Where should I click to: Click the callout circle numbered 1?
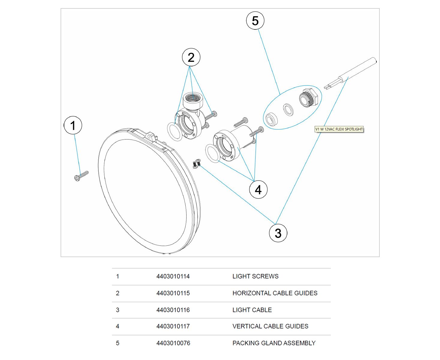click(x=73, y=125)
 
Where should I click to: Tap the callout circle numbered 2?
click(x=191, y=57)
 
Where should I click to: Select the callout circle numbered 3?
click(x=278, y=233)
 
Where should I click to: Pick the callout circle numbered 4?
click(x=258, y=190)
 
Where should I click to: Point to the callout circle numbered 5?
click(x=255, y=21)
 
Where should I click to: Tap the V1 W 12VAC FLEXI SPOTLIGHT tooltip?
click(x=339, y=129)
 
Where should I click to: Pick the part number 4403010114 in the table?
click(x=173, y=276)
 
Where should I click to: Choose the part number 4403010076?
click(x=173, y=343)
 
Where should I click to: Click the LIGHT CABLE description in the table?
click(x=252, y=310)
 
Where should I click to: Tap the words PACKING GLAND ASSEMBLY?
click(x=274, y=343)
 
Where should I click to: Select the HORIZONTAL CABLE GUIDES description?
click(x=275, y=293)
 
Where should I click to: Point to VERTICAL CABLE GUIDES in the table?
click(x=270, y=326)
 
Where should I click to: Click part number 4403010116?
click(x=173, y=310)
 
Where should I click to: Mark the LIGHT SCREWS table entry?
click(x=255, y=276)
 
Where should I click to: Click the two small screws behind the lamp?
click(x=196, y=163)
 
